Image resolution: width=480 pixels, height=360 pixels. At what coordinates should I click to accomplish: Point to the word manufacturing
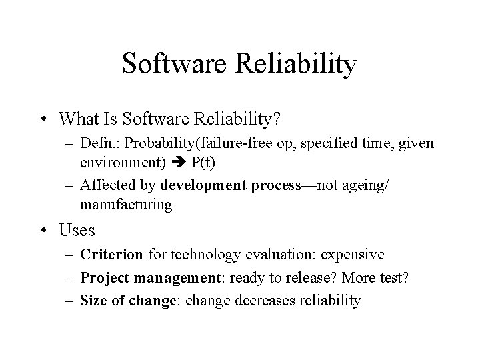tap(125, 204)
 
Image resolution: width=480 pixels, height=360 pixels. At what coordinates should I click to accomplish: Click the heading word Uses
tap(77, 231)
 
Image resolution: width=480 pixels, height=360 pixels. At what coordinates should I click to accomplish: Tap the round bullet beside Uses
tap(44, 231)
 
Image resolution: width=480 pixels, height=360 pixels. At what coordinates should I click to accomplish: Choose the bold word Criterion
tap(111, 255)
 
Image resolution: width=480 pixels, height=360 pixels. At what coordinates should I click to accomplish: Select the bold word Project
tap(102, 278)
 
